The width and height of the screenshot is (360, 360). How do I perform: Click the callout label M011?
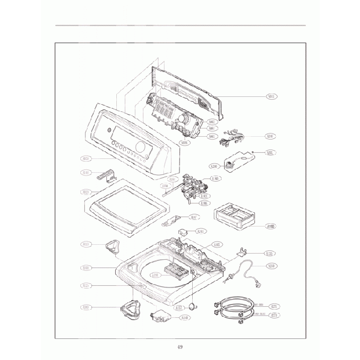coord(272,96)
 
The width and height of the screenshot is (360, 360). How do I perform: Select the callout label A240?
coord(270,136)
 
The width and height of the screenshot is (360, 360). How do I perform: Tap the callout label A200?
coord(215,166)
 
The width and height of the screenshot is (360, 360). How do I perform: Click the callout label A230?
coord(271,266)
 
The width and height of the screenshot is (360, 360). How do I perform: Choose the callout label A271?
coord(274,306)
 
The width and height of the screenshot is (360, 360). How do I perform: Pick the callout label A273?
coord(274,315)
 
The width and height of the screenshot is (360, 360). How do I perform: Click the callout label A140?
coord(186,317)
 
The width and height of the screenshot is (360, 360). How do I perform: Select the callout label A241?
coord(202,231)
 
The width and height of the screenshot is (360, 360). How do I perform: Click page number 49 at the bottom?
coord(180,347)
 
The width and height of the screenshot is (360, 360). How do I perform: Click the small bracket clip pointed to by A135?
coord(241,253)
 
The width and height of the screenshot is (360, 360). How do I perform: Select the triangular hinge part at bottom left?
coord(131,308)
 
